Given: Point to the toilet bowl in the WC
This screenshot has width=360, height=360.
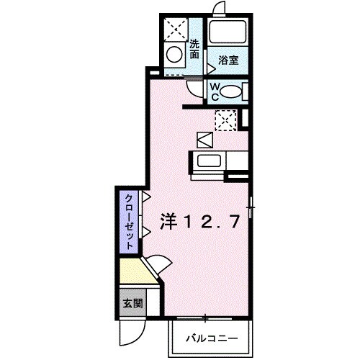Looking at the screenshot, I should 230,91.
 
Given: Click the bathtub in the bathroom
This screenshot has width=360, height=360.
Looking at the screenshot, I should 228,33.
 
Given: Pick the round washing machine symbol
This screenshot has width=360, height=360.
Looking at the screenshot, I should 174,53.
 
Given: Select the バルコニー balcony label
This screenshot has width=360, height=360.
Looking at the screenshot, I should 212,337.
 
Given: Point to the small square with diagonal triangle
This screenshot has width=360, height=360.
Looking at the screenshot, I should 203,138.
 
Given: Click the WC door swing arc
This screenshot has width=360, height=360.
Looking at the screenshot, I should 196,88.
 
